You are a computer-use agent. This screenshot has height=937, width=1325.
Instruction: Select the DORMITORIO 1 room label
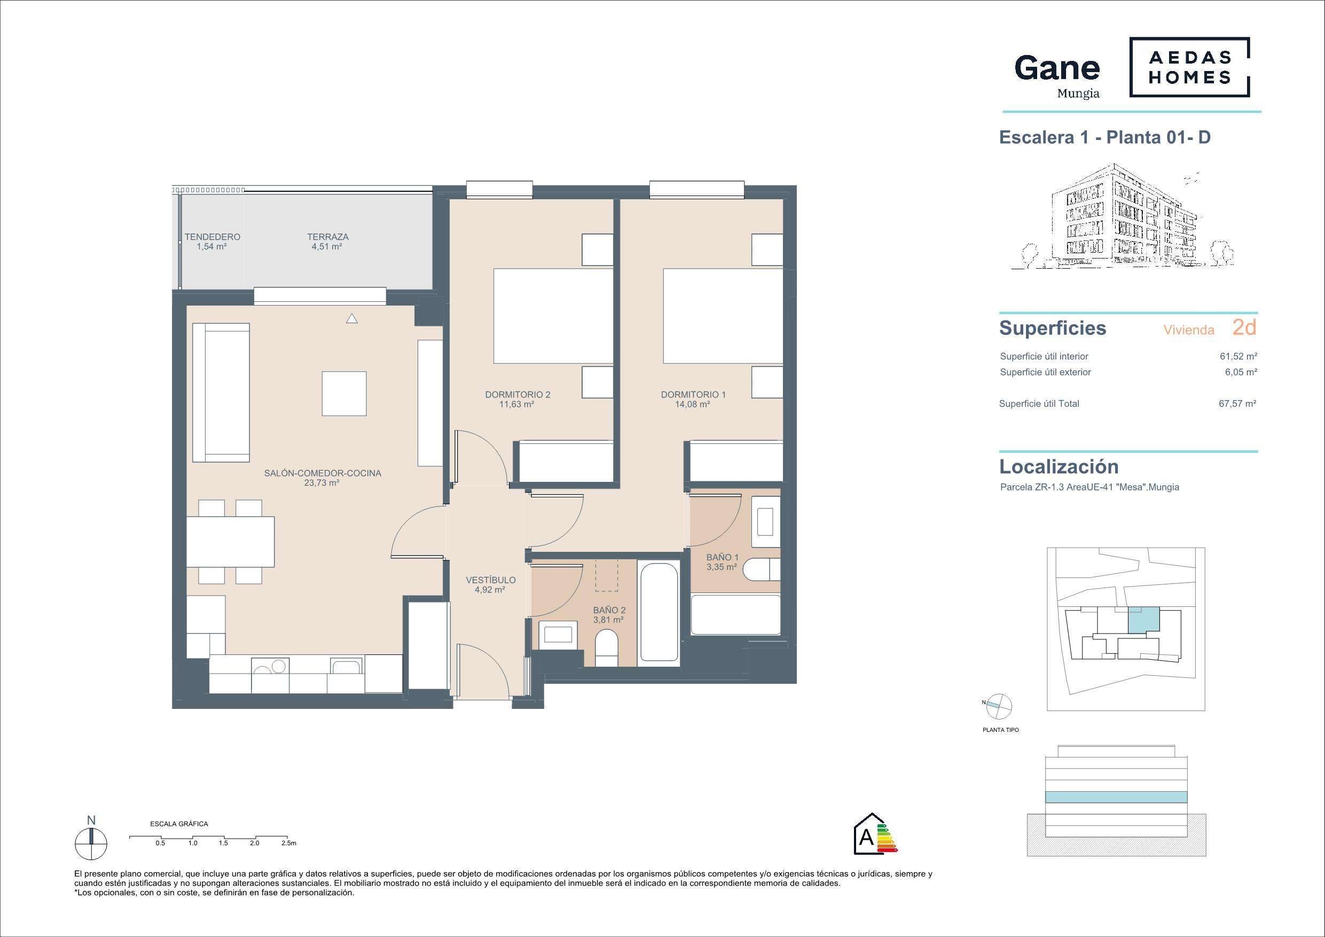[693, 395]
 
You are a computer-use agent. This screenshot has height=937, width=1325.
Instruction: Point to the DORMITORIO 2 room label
[518, 395]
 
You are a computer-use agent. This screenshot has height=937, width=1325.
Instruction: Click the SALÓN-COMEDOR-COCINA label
[323, 473]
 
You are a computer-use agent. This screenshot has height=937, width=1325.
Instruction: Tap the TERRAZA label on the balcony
[328, 237]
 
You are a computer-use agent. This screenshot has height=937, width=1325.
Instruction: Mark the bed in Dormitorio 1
[723, 316]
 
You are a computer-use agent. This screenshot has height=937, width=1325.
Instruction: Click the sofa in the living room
[221, 393]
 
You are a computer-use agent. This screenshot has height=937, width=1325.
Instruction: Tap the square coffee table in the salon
[344, 394]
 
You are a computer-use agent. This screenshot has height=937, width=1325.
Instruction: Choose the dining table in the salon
[230, 542]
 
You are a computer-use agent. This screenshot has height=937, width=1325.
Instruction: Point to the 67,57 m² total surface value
[1237, 403]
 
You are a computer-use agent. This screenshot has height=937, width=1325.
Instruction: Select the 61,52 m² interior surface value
[1238, 356]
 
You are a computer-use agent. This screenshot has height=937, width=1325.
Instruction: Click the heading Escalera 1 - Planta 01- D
[1104, 137]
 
